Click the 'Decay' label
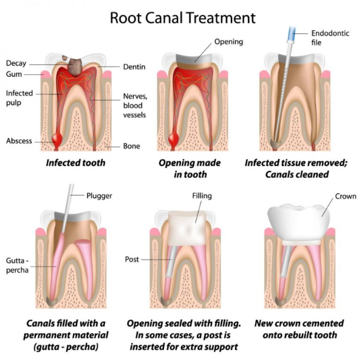point(16,63)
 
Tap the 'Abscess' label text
point(19,140)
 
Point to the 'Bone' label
point(131,146)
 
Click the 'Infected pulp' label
point(19,99)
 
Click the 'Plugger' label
point(100,196)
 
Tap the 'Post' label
point(132,259)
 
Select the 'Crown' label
point(345,196)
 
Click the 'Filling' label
point(202,197)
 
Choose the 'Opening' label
point(228,41)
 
